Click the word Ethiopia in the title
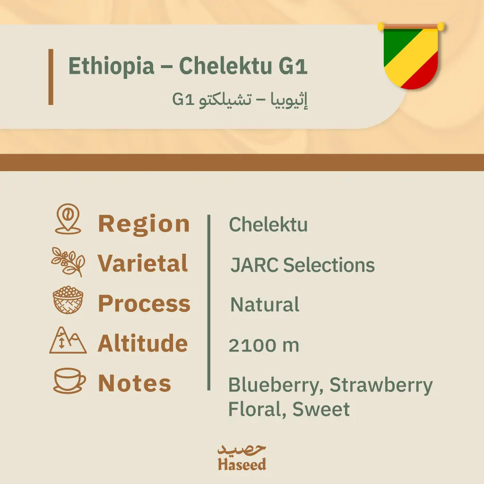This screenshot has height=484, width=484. point(111,66)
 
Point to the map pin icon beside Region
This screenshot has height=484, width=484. point(68,219)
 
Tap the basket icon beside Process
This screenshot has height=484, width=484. point(68,301)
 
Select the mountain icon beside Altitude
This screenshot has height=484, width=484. point(68,341)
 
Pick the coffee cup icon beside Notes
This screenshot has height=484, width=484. point(69,380)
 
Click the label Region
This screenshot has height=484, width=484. point(144,224)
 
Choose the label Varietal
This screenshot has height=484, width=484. point(143,264)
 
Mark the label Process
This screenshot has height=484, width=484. point(144,303)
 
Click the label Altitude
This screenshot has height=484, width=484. point(143,343)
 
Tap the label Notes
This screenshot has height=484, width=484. point(134,383)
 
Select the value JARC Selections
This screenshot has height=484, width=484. point(302,265)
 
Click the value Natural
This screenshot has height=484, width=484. point(265,305)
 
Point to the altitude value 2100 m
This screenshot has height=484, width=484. point(264,346)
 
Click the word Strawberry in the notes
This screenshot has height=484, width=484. point(381,385)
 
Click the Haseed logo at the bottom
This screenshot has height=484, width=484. point(242,457)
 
